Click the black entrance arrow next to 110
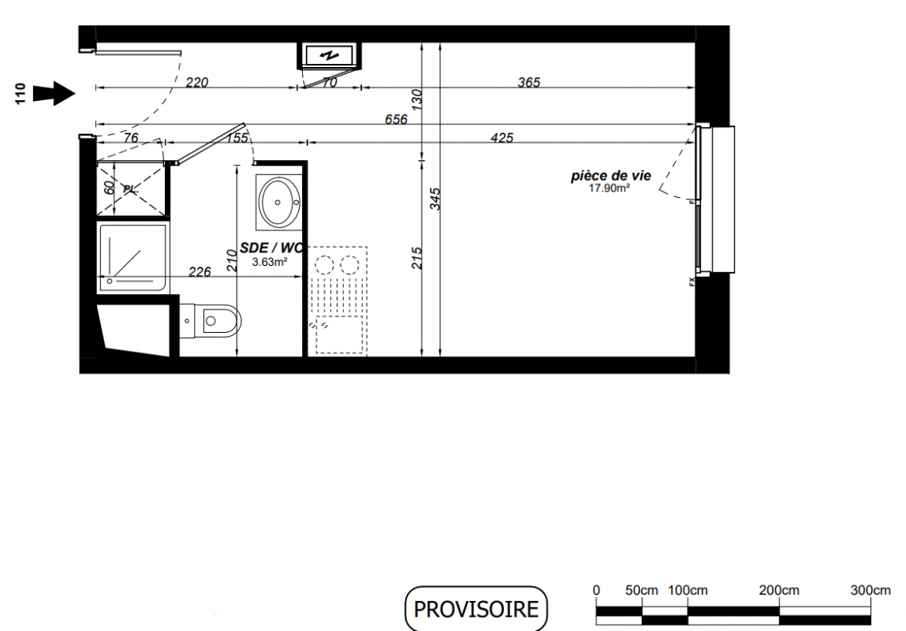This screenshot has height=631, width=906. (x=54, y=93)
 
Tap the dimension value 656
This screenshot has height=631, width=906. (x=397, y=119)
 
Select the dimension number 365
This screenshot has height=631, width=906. (x=528, y=82)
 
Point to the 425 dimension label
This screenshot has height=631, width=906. (x=501, y=137)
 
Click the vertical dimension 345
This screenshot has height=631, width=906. (x=435, y=198)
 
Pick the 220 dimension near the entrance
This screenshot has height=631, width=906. (x=196, y=82)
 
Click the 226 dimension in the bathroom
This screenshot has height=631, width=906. (x=200, y=271)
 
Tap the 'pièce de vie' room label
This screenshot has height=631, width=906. (x=611, y=176)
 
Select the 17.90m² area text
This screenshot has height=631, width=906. (x=609, y=188)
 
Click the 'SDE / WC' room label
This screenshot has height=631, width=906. (x=271, y=248)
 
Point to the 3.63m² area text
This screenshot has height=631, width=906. (x=270, y=262)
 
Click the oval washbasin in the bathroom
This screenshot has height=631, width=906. (x=279, y=202)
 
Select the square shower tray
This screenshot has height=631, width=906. (x=133, y=257)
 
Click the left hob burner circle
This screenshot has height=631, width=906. (x=324, y=265)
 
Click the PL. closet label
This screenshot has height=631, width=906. (x=131, y=189)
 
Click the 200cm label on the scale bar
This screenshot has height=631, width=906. (x=779, y=591)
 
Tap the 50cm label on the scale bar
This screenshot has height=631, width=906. (x=641, y=591)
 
